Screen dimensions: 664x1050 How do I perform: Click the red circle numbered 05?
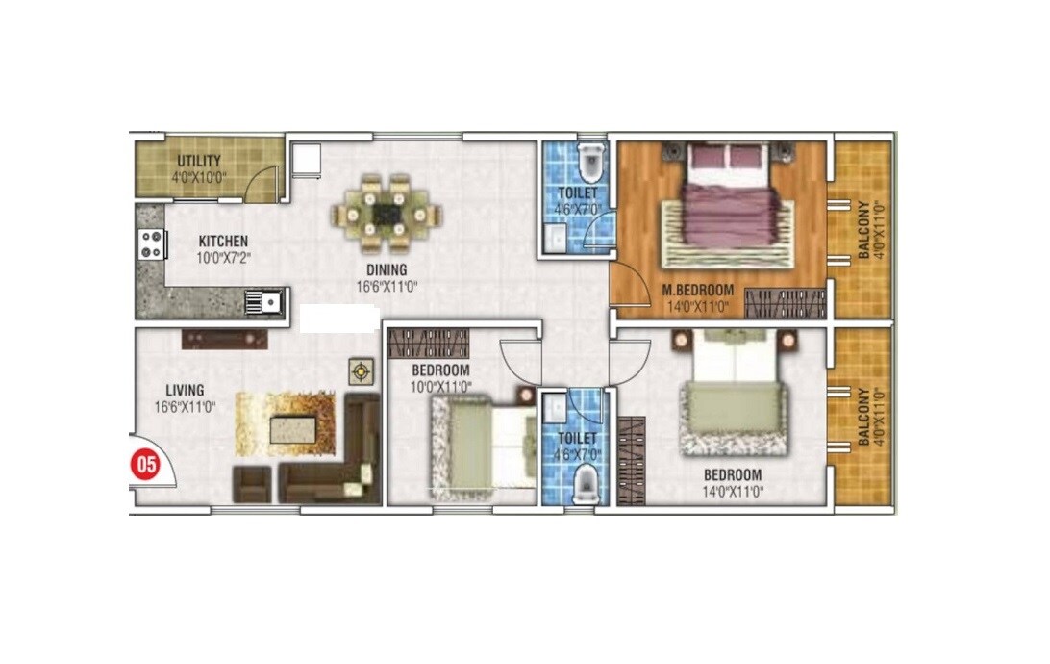(x=145, y=465)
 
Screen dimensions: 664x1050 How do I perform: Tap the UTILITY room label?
(x=199, y=161)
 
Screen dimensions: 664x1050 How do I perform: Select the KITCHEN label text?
(x=223, y=242)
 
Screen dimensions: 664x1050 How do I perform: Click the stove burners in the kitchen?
(x=152, y=244)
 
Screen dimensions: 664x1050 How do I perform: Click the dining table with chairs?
(x=389, y=210)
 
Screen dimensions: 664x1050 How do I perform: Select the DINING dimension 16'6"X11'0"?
(x=386, y=286)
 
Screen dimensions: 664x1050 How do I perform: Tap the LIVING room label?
(x=184, y=391)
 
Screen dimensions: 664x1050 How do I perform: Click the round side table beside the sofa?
(x=361, y=370)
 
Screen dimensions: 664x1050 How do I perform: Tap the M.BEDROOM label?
(x=697, y=291)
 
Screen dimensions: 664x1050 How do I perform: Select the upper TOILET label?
(x=577, y=193)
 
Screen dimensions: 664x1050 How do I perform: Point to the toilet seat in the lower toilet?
(x=583, y=485)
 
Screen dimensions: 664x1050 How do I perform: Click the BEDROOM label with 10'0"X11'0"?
(x=440, y=370)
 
